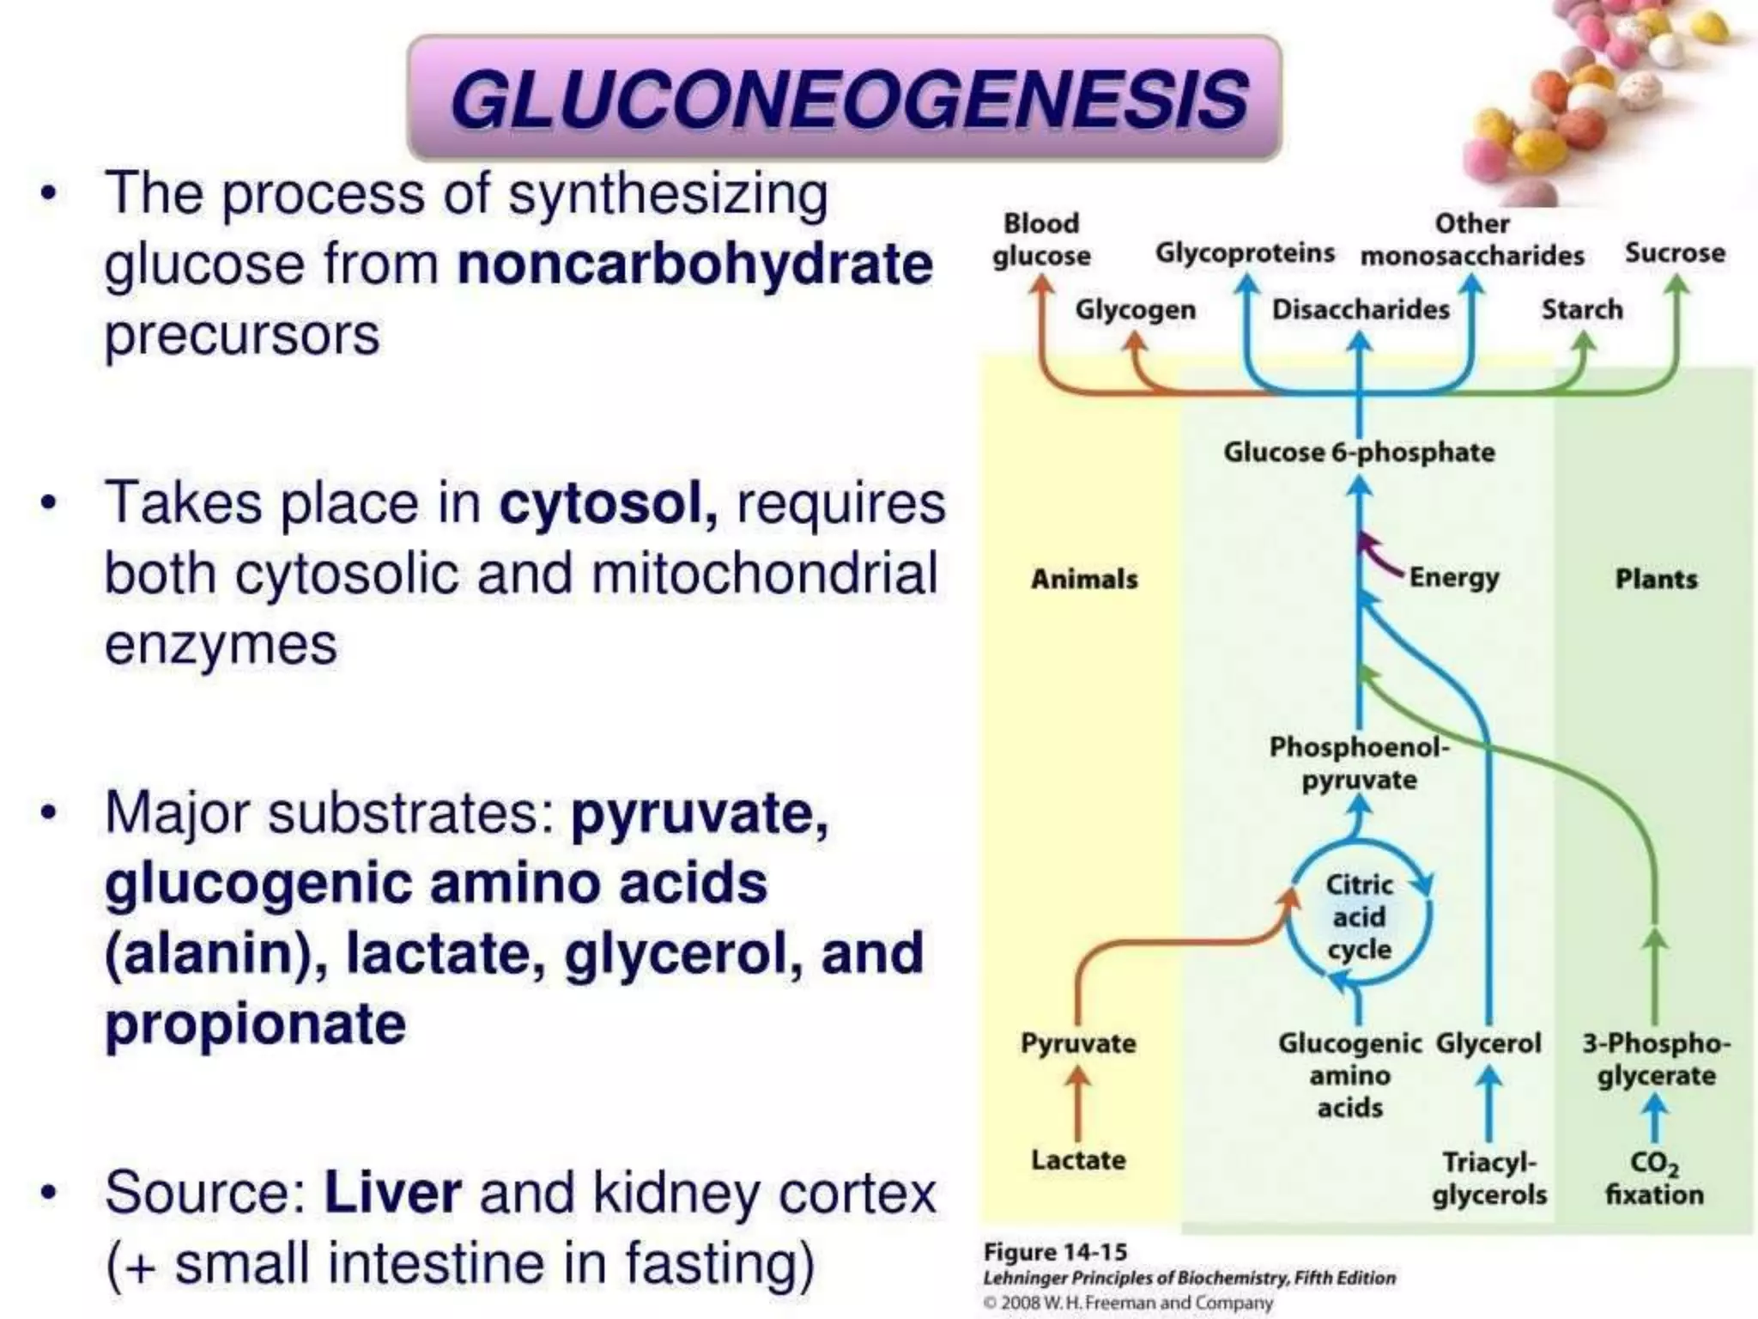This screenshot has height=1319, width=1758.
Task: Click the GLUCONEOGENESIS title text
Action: pyautogui.click(x=848, y=99)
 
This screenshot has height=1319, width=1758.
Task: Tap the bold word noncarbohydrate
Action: pyautogui.click(x=694, y=264)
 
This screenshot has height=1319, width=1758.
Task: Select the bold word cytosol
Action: pyautogui.click(x=608, y=504)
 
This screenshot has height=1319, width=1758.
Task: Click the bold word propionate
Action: pyautogui.click(x=255, y=1024)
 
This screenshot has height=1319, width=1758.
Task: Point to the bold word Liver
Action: pyautogui.click(x=391, y=1193)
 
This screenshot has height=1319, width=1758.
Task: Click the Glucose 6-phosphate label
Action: pyautogui.click(x=1358, y=452)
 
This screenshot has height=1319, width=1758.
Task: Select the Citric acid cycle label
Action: pyautogui.click(x=1359, y=917)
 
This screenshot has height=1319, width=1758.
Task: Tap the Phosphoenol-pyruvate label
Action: pyautogui.click(x=1358, y=763)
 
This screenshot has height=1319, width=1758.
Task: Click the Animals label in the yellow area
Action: pyautogui.click(x=1084, y=580)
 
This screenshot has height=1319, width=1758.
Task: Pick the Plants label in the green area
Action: pyautogui.click(x=1656, y=580)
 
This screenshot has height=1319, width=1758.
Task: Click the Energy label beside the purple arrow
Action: pyautogui.click(x=1453, y=577)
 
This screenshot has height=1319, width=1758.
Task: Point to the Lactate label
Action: pyautogui.click(x=1078, y=1160)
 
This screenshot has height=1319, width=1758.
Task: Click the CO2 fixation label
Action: pyautogui.click(x=1654, y=1178)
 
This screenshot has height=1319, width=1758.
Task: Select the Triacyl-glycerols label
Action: pyautogui.click(x=1489, y=1178)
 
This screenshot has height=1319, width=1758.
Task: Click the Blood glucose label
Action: pyautogui.click(x=1041, y=240)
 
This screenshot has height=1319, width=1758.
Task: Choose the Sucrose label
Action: pyautogui.click(x=1674, y=253)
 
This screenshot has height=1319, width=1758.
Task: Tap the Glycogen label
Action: pyautogui.click(x=1135, y=309)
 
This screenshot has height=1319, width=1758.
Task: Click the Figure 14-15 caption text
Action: pyautogui.click(x=1055, y=1252)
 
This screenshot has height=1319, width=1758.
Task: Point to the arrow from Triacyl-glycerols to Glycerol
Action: pyautogui.click(x=1489, y=1103)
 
